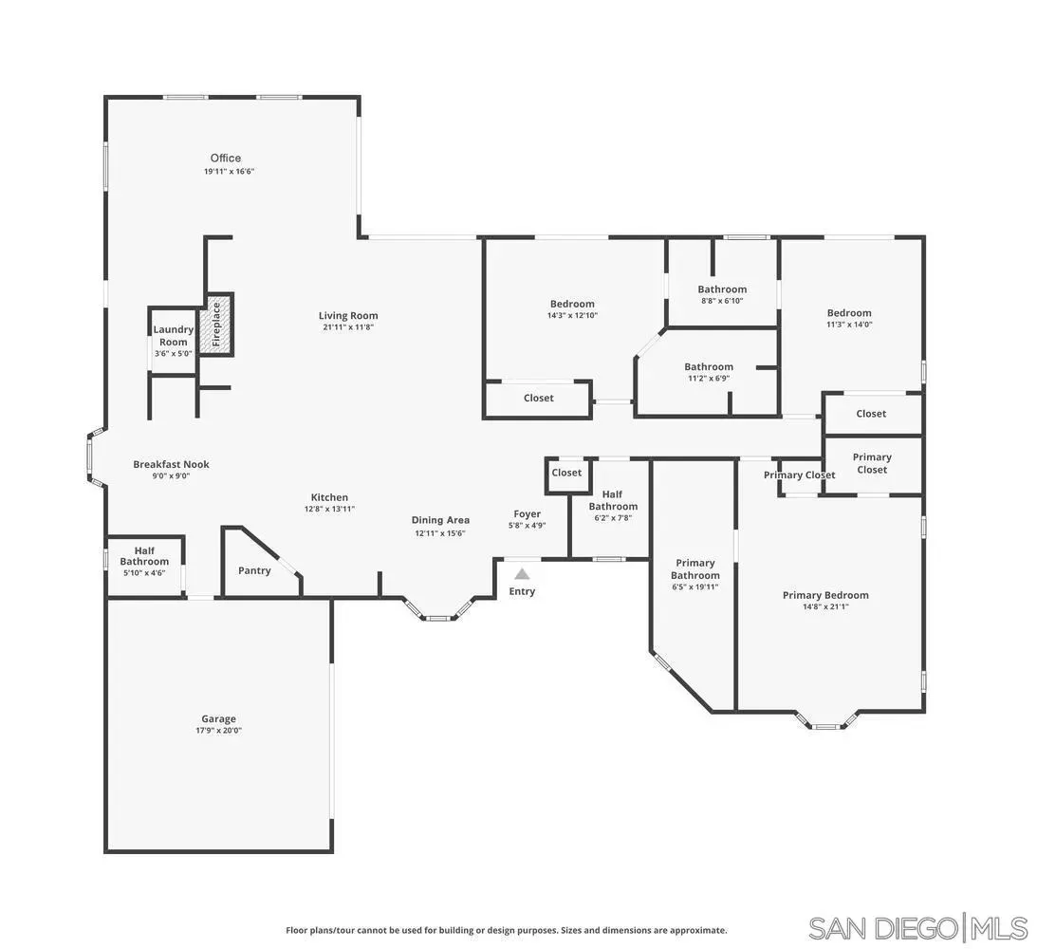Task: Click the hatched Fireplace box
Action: click(216, 325)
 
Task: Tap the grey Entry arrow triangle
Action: click(522, 573)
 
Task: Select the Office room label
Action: click(226, 158)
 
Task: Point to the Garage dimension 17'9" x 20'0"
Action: click(218, 731)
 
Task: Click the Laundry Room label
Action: click(174, 336)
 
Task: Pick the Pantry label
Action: click(254, 570)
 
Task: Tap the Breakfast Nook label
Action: click(171, 464)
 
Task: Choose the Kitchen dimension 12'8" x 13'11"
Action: click(329, 510)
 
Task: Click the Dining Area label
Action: click(440, 520)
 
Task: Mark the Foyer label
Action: click(528, 514)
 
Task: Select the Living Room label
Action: click(348, 316)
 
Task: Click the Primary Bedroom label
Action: click(825, 595)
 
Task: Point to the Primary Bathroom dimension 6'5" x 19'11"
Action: click(695, 587)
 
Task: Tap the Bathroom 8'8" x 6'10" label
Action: click(722, 289)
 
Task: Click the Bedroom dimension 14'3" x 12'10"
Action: click(572, 316)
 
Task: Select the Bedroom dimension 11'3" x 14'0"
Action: click(849, 325)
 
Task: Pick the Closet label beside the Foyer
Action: click(566, 473)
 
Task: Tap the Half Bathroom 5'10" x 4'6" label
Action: click(144, 556)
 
